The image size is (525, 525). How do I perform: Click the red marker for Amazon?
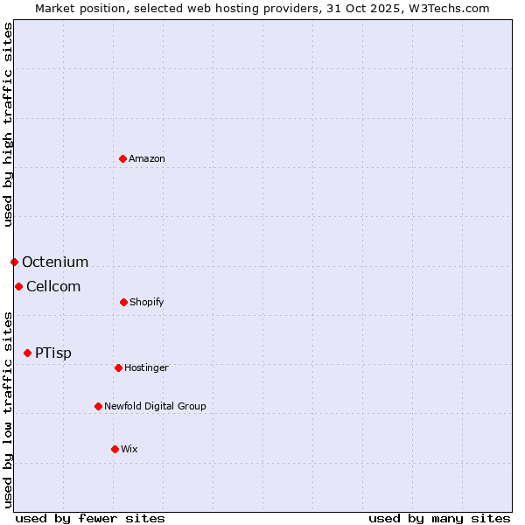coord(123,158)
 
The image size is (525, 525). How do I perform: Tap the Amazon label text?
coord(147,158)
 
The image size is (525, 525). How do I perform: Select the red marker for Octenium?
coord(14,262)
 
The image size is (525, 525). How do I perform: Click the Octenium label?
coord(55,262)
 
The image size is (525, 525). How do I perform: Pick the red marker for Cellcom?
coord(18,286)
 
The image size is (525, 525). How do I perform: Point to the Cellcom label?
coord(53,286)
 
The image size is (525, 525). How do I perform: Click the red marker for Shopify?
coord(123,302)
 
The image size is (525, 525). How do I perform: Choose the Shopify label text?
coord(147,302)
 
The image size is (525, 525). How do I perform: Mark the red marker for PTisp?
coord(27,353)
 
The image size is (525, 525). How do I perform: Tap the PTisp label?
coord(53,353)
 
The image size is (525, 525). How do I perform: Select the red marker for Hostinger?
coord(118,367)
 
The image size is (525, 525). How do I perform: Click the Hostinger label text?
coord(146,367)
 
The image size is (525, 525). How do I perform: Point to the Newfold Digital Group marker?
coord(98,406)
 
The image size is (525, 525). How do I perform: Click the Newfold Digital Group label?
coord(155,406)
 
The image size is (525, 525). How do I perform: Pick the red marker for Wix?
coord(115,449)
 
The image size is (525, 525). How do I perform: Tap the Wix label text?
coord(129,449)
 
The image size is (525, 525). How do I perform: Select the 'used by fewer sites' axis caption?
coord(90,518)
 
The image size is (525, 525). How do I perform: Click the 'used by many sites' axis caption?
coord(439,518)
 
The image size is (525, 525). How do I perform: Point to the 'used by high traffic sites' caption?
coord(8,124)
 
